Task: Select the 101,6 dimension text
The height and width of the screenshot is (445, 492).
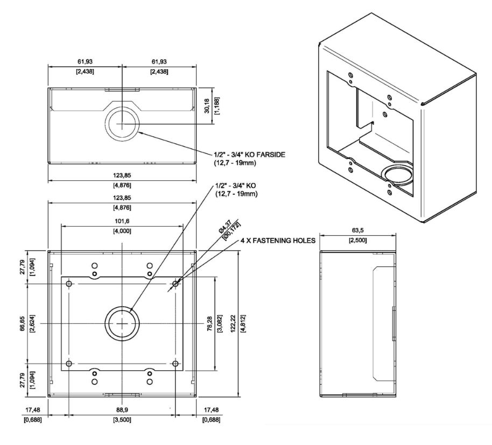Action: click(123, 221)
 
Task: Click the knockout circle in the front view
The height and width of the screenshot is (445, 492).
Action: click(123, 323)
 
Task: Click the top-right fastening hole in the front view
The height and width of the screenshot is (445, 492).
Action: click(175, 283)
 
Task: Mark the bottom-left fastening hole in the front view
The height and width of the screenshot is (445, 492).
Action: click(69, 364)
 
